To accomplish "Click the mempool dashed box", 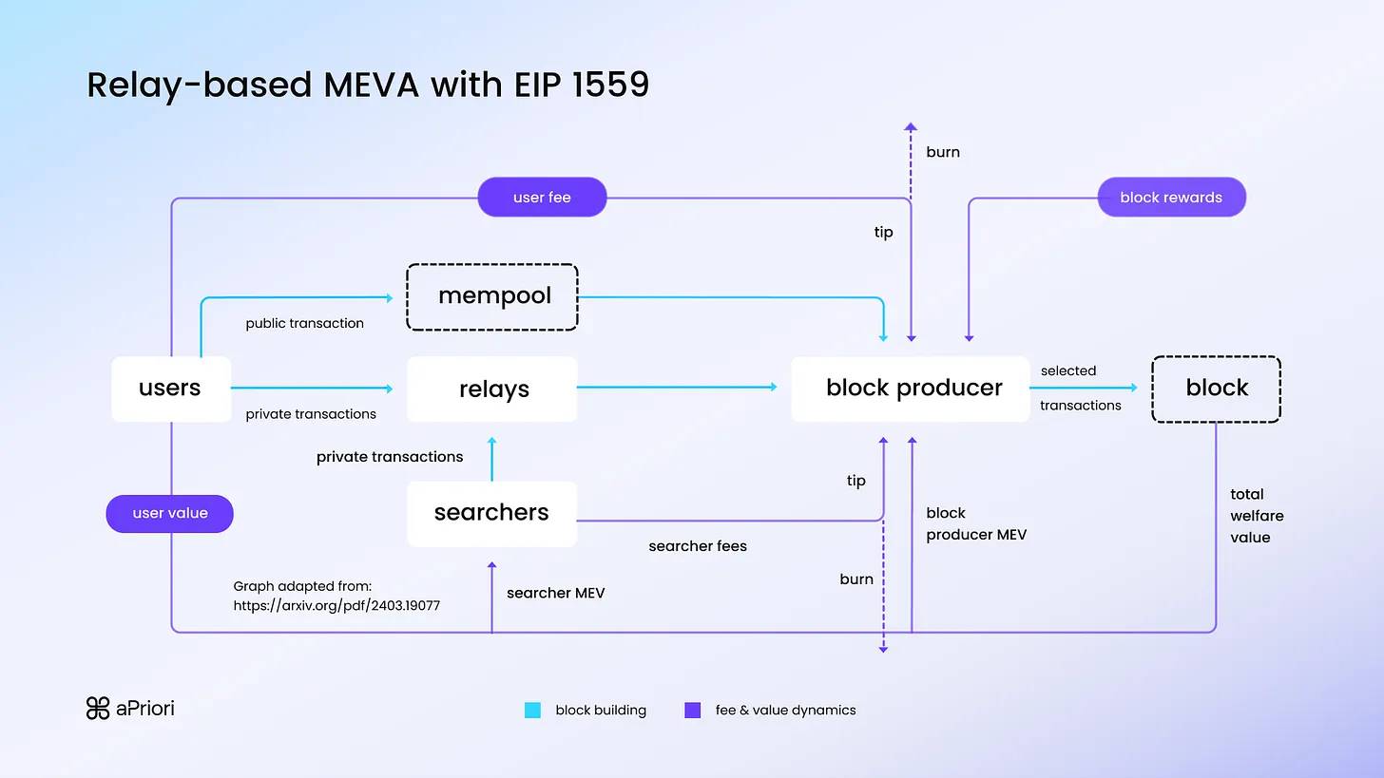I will [492, 296].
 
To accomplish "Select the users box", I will [171, 389].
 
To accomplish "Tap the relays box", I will [492, 389].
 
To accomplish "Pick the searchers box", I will [491, 513].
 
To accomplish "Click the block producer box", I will [911, 389].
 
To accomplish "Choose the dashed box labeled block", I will [1216, 389].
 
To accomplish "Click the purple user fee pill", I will [542, 198].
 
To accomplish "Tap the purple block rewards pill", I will [1171, 198].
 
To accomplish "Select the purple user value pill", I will [170, 513].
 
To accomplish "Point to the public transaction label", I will [304, 323].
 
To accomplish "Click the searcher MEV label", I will [555, 593].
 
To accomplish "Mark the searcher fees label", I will [698, 546].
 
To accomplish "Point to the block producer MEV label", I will [976, 523].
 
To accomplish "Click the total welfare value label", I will [1257, 516].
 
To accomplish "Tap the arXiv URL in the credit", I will [336, 605].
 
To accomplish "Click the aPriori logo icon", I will [98, 709].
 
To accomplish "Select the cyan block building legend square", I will [532, 710].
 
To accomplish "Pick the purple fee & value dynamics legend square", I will [692, 710].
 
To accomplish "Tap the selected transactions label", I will [1080, 388].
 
